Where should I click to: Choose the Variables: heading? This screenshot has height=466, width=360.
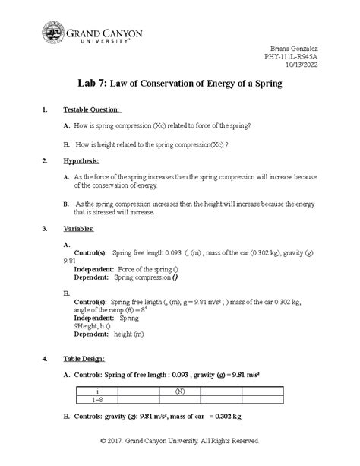84,228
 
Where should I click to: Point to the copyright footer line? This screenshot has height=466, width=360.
180,441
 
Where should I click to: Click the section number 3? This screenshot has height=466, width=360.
46,228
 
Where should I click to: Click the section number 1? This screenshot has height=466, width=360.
46,109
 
